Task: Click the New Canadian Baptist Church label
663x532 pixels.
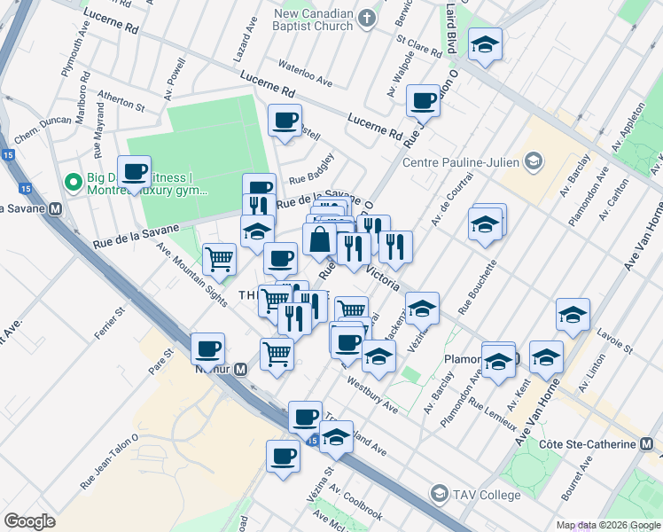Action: click(314, 20)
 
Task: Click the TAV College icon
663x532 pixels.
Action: click(439, 493)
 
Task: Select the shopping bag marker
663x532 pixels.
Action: click(319, 239)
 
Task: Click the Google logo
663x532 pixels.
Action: click(29, 521)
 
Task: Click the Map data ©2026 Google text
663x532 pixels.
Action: click(608, 525)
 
